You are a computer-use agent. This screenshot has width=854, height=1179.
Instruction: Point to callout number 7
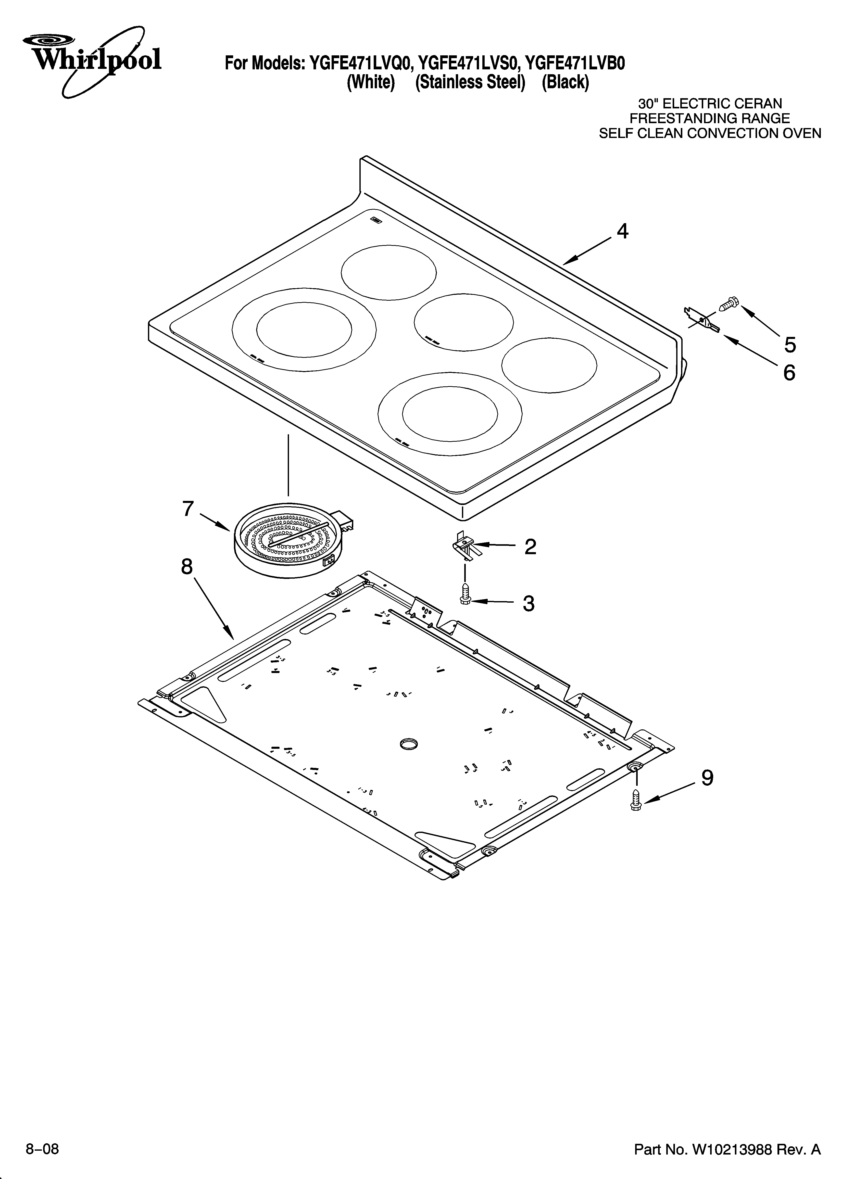pyautogui.click(x=188, y=509)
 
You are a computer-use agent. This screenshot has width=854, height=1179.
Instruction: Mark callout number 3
pyautogui.click(x=529, y=604)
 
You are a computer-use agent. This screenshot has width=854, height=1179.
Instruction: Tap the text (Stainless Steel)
pyautogui.click(x=470, y=82)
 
